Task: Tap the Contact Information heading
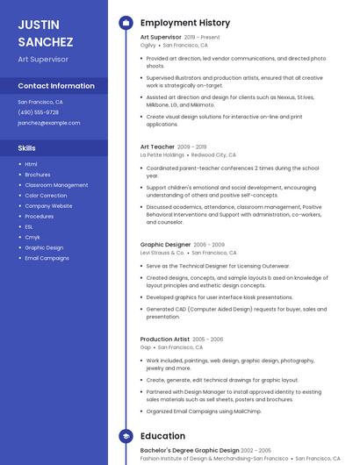(x=56, y=86)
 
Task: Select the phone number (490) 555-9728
(x=39, y=112)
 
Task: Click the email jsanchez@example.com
(x=48, y=123)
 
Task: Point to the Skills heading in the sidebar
(x=27, y=148)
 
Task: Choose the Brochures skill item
(x=38, y=175)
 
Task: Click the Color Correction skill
(x=46, y=196)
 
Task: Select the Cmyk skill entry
(x=32, y=237)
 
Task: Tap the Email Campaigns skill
(x=47, y=258)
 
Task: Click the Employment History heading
(x=185, y=23)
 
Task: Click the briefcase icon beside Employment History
(x=126, y=23)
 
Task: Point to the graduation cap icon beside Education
(x=126, y=436)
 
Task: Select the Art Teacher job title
(x=157, y=147)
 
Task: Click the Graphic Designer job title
(x=165, y=245)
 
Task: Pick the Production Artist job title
(x=164, y=339)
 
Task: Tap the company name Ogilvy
(x=148, y=45)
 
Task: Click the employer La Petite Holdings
(x=162, y=154)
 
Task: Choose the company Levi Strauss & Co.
(x=162, y=253)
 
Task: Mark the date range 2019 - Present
(x=202, y=38)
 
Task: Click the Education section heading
(x=162, y=436)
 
